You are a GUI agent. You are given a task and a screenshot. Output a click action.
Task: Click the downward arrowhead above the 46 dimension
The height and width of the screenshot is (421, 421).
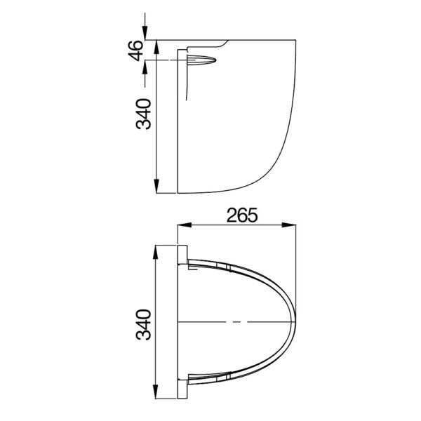pos(146,34)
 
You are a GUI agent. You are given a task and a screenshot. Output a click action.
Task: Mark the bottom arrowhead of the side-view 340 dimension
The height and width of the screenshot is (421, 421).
pos(155,188)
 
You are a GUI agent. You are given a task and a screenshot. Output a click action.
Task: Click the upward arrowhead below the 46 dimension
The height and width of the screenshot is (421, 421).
pos(146,67)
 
